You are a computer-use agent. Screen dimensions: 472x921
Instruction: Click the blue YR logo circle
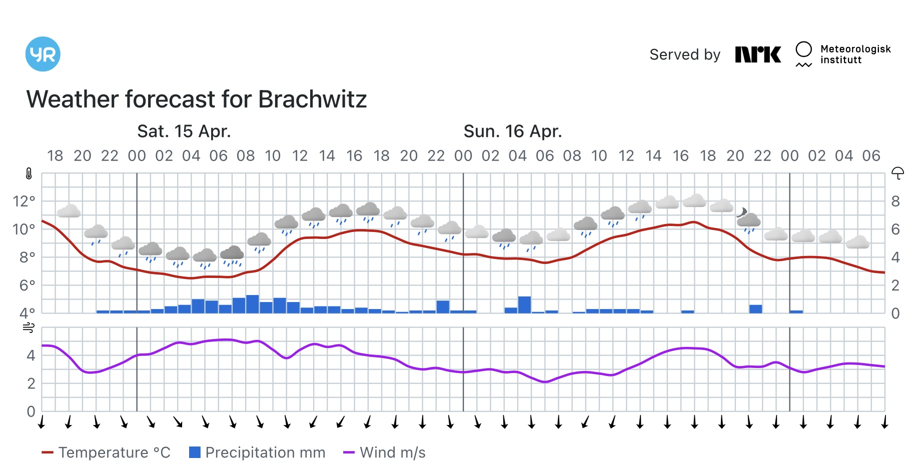click(x=43, y=54)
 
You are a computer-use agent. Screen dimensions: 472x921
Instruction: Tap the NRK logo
click(x=757, y=54)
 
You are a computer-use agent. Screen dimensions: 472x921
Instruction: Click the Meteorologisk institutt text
click(x=855, y=54)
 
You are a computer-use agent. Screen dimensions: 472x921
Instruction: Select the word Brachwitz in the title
click(x=312, y=99)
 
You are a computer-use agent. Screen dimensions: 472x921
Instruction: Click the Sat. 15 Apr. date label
click(x=184, y=131)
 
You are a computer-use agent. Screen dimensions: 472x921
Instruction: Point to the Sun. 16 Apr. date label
click(x=512, y=131)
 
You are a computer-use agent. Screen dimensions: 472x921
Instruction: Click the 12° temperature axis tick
click(x=24, y=201)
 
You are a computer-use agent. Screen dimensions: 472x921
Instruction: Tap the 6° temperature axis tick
click(x=27, y=285)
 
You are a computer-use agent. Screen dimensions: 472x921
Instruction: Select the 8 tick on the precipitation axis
click(x=895, y=201)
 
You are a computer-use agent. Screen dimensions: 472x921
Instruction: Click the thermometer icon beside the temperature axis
click(x=29, y=174)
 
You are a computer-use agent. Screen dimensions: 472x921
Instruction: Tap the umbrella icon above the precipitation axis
click(x=897, y=173)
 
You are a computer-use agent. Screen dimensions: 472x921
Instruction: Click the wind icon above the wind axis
click(x=29, y=328)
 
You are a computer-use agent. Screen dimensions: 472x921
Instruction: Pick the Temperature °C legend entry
click(x=106, y=452)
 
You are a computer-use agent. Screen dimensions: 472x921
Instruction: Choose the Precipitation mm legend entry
click(x=257, y=452)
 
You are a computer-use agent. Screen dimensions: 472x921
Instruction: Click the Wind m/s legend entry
click(x=384, y=452)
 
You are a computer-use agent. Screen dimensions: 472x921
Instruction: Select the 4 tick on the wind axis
click(x=31, y=355)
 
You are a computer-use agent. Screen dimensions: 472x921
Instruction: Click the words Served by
click(x=684, y=54)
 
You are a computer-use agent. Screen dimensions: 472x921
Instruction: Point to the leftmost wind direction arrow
click(x=42, y=421)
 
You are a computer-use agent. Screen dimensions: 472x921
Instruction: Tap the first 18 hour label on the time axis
click(x=55, y=156)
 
